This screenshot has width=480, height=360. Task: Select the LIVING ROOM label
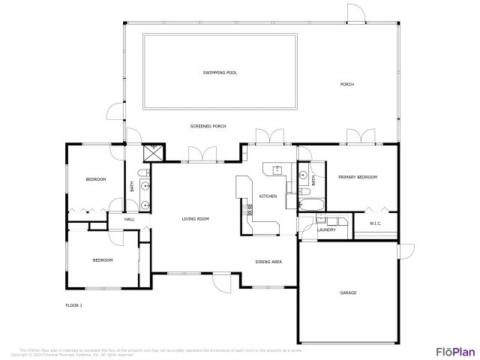click(x=195, y=219)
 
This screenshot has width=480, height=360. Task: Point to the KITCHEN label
click(x=268, y=196)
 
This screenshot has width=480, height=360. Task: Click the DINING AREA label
click(x=268, y=262)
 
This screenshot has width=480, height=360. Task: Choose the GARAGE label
click(x=348, y=292)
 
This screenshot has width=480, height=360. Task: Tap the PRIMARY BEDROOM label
click(x=357, y=177)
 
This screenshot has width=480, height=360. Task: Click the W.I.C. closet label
click(x=376, y=223)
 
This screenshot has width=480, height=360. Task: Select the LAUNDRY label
click(x=326, y=229)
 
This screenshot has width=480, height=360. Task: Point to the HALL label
click(x=129, y=219)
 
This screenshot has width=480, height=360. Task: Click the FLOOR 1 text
click(x=74, y=306)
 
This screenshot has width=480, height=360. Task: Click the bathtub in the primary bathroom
click(x=310, y=203)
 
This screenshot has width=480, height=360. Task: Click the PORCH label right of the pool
click(x=346, y=84)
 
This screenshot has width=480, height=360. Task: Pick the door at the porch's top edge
click(x=356, y=13)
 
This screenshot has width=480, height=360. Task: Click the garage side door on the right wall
click(x=406, y=252)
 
